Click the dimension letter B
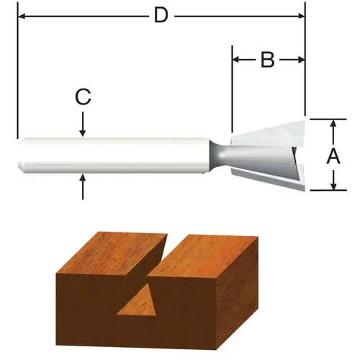click(267, 60)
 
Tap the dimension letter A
click(333, 156)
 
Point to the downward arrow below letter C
click(84, 130)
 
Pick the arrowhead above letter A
click(333, 125)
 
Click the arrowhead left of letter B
click(237, 60)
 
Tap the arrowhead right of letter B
click(300, 60)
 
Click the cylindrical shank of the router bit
click(115, 154)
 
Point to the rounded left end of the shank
click(21, 154)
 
